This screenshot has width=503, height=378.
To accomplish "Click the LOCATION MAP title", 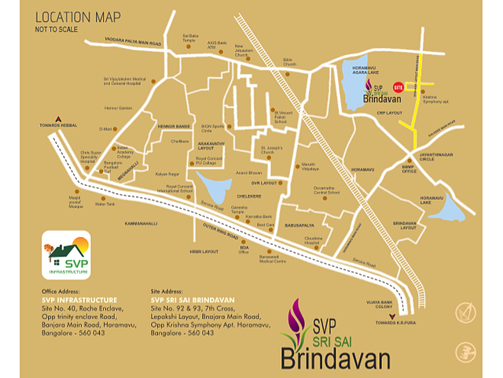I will pos(77,17).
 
